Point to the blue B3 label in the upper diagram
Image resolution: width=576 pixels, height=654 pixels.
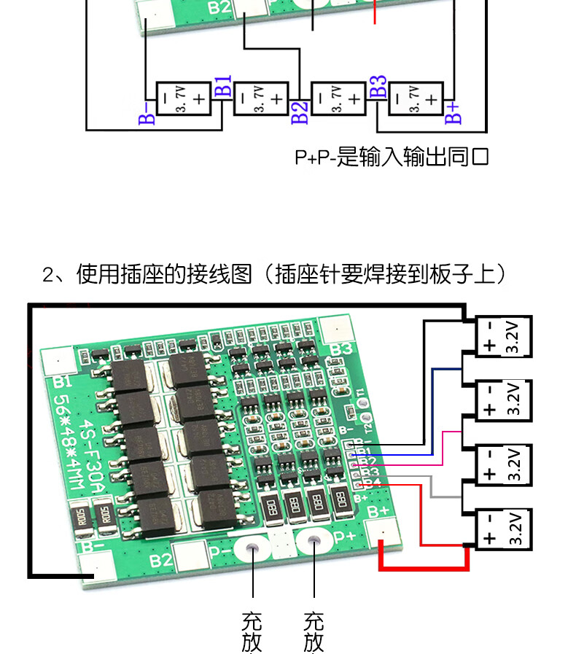[x=378, y=86]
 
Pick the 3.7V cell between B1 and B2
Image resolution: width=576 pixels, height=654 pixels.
[x=260, y=98]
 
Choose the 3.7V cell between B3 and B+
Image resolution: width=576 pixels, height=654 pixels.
[x=416, y=98]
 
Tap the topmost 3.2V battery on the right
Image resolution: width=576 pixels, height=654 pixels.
[x=504, y=337]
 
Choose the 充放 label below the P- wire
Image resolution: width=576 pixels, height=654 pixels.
[x=252, y=632]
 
